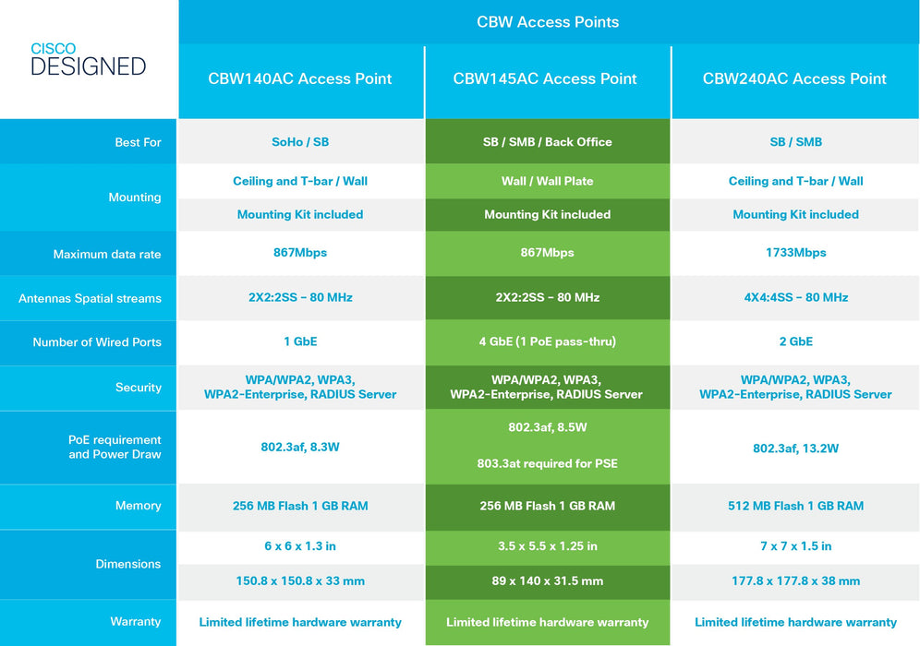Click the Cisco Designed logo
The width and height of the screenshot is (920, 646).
[89, 60]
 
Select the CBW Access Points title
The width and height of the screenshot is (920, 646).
[548, 22]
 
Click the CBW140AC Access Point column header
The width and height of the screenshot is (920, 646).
[300, 79]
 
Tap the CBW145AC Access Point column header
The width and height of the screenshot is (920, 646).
[545, 79]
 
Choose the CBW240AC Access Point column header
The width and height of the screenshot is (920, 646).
[794, 79]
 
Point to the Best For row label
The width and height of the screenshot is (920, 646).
[139, 142]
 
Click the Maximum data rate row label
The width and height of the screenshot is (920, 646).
[107, 254]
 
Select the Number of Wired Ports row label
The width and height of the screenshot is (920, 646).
[97, 342]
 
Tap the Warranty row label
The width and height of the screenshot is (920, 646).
[136, 622]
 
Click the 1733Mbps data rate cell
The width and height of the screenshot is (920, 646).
[795, 253]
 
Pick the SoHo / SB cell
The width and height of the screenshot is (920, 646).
[300, 142]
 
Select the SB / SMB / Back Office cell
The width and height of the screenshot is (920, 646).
[548, 142]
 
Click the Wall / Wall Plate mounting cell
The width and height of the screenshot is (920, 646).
[548, 181]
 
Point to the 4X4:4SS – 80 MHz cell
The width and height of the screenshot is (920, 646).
[795, 298]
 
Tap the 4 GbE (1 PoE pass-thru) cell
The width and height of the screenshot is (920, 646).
[548, 341]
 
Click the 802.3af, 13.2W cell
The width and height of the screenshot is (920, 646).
[795, 449]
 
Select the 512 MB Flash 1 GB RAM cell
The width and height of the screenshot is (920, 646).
[795, 506]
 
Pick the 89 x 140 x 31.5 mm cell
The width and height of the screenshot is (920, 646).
[548, 581]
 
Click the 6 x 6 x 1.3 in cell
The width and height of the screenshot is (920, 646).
[300, 546]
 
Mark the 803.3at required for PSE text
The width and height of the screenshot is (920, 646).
[548, 464]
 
